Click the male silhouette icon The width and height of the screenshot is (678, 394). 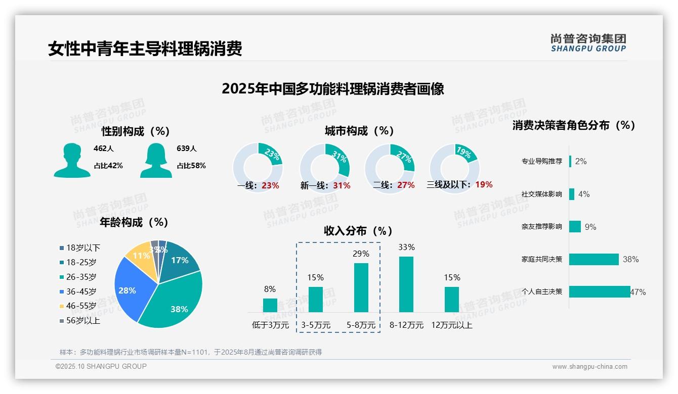click(x=72, y=160)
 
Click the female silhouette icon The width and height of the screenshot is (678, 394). click(x=156, y=160)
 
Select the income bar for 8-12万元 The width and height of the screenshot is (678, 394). click(x=406, y=284)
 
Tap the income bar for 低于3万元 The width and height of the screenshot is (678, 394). click(x=270, y=305)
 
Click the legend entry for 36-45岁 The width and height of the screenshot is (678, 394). click(x=81, y=291)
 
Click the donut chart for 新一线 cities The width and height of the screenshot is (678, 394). click(x=325, y=168)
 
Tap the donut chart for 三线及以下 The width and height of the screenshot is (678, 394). click(x=454, y=168)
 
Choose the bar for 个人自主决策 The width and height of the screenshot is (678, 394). click(x=600, y=291)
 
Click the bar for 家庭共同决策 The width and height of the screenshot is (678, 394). click(x=594, y=259)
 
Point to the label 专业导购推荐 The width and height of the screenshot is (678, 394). click(x=541, y=162)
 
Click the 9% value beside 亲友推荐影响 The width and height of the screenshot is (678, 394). click(x=590, y=227)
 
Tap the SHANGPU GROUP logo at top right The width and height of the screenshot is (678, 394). click(x=588, y=43)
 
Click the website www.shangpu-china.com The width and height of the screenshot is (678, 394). click(x=589, y=367)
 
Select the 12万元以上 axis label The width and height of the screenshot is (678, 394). click(x=451, y=325)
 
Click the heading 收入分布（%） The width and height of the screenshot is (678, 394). click(x=358, y=231)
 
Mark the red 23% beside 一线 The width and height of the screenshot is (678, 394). click(x=270, y=185)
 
